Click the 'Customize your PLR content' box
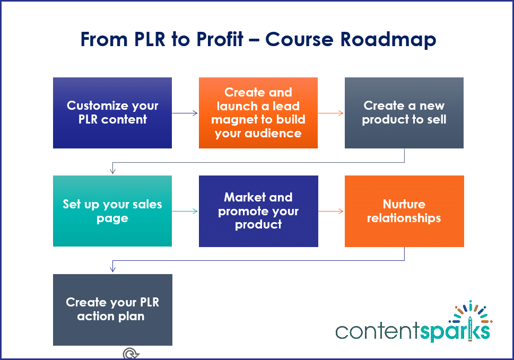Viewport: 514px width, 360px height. tap(112, 113)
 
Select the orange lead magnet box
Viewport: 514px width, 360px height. tap(258, 113)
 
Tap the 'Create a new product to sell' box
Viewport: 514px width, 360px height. tap(404, 113)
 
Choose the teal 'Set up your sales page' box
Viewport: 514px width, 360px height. tap(112, 211)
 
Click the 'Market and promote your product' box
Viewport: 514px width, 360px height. tap(258, 211)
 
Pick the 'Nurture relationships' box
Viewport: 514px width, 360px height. tap(404, 211)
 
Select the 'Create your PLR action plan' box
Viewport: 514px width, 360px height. tap(112, 310)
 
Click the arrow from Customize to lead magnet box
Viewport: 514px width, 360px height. tap(185, 113)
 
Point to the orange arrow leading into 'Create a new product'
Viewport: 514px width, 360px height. tap(331, 113)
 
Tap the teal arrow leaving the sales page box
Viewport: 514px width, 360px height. tap(185, 211)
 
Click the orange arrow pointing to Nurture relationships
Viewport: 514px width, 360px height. tap(331, 211)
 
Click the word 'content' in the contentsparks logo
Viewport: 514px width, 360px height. tap(377, 331)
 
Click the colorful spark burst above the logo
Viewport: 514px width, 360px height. tap(469, 312)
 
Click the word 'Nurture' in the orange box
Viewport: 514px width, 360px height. tap(404, 204)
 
